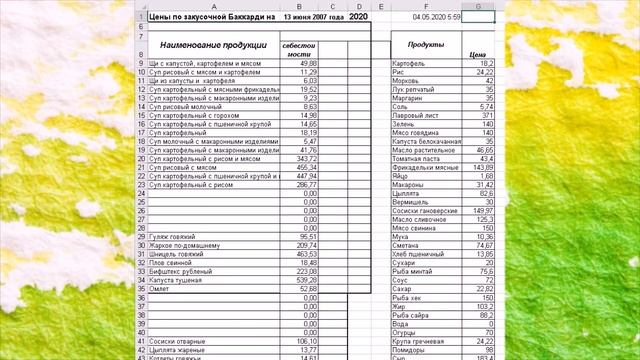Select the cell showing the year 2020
[359, 17]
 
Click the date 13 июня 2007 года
[314, 17]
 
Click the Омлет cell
[159, 289]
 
